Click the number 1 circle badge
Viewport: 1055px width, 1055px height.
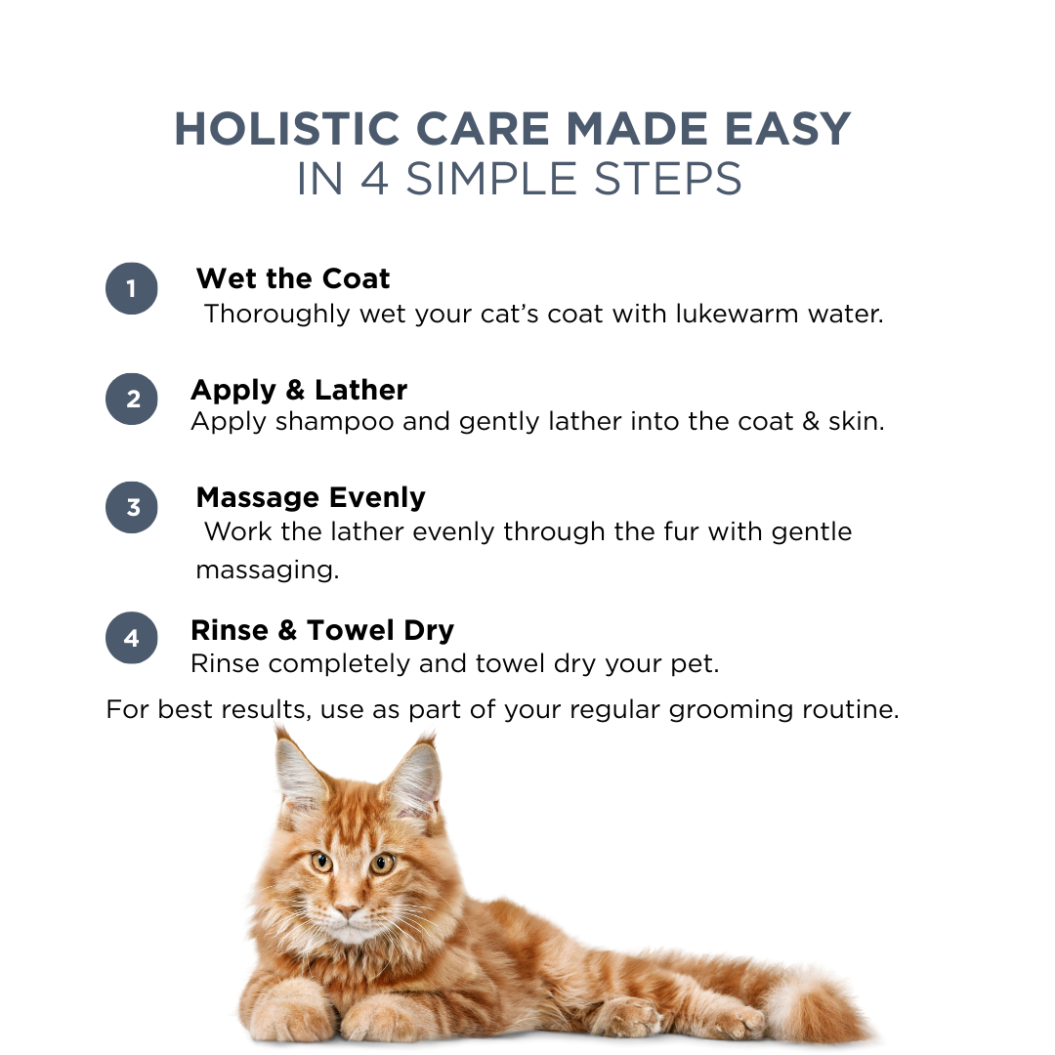click(x=132, y=288)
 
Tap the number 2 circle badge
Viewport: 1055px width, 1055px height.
click(x=132, y=399)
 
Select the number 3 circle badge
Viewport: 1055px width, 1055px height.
click(x=132, y=508)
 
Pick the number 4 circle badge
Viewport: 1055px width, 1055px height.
click(x=132, y=638)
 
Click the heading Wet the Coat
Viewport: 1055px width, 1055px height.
click(x=292, y=278)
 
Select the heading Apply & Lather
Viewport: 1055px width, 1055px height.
click(x=299, y=390)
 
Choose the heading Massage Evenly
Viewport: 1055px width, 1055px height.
click(x=311, y=497)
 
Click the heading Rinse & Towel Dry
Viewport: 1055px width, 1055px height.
click(x=322, y=630)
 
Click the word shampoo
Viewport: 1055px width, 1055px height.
click(x=332, y=423)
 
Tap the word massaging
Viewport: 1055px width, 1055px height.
click(x=267, y=570)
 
